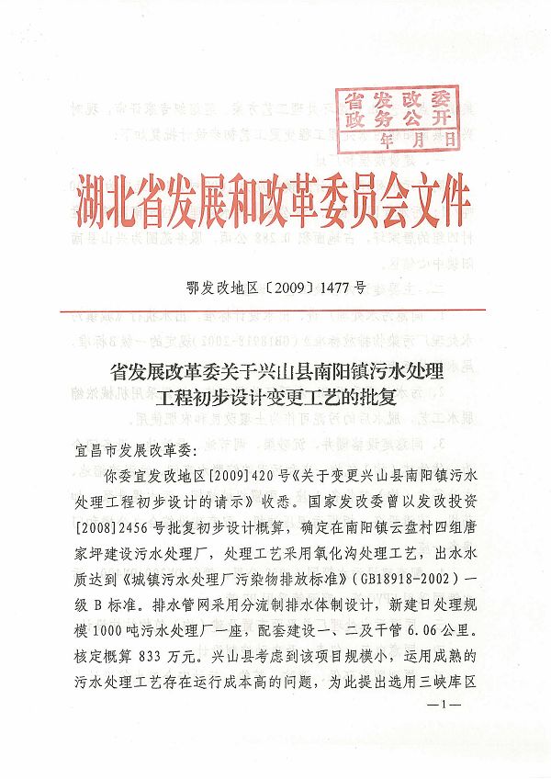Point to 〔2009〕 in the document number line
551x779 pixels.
click(277, 288)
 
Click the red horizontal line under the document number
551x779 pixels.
click(275, 310)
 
